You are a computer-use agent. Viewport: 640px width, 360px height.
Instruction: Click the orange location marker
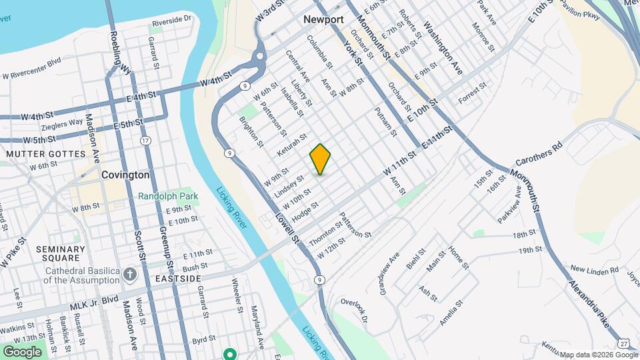[321, 159]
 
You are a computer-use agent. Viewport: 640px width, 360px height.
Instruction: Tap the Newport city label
[323, 19]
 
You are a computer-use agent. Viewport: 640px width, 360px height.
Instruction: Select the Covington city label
[125, 175]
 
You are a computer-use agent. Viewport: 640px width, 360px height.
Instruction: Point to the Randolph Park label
[165, 196]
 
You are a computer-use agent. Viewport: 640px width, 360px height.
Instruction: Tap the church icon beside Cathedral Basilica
[130, 273]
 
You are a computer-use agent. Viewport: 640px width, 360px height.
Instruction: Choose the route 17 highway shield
[145, 140]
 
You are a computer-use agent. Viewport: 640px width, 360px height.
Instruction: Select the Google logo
[22, 351]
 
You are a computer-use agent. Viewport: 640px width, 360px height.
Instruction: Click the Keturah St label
[292, 145]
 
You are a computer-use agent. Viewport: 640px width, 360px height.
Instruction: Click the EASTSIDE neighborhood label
[178, 278]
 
